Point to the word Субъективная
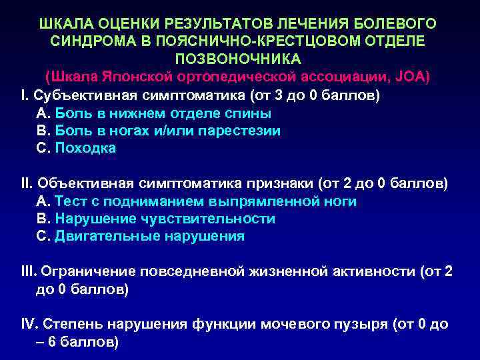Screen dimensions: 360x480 [77, 95]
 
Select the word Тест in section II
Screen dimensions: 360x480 [70, 201]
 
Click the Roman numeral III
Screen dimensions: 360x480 [29, 271]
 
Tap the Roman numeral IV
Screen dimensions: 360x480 [30, 325]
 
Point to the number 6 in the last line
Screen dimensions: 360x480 [50, 343]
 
